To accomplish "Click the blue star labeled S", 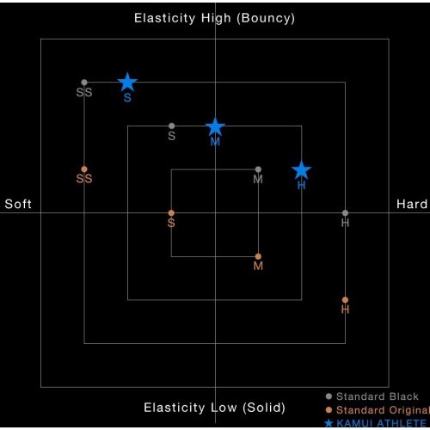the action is (x=127, y=83).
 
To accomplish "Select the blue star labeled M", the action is (x=215, y=126).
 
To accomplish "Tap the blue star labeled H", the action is (x=302, y=170).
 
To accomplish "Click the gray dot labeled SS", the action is (x=84, y=83).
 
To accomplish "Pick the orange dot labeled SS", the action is (x=84, y=169).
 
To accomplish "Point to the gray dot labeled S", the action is (x=171, y=126).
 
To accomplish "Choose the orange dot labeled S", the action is (x=171, y=213).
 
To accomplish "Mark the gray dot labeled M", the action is (x=258, y=169).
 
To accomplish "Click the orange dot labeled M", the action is (x=258, y=256).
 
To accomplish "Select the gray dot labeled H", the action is (x=345, y=213).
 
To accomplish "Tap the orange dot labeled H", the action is (x=345, y=300).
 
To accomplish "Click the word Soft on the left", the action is (x=18, y=204).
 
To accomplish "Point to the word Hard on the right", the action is (x=412, y=204).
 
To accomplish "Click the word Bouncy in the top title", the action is (x=266, y=18).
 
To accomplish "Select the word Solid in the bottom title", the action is (x=264, y=408).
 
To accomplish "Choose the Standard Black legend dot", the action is (x=329, y=396).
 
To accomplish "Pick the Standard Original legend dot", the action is (x=329, y=410).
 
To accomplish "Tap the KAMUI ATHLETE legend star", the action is (x=329, y=423).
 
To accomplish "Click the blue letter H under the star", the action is (x=302, y=186).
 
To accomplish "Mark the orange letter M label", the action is (x=258, y=266).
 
